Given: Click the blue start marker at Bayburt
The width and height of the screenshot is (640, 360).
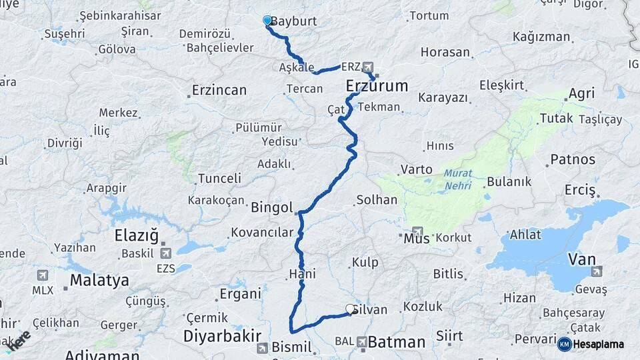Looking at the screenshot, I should click(267, 21).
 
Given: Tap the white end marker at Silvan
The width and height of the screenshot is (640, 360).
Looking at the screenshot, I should click(350, 309).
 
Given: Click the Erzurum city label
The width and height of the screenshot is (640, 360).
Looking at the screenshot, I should click(377, 86).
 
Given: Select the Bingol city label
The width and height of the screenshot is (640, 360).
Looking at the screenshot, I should click(272, 208).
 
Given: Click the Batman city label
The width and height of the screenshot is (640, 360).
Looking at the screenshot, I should click(396, 343).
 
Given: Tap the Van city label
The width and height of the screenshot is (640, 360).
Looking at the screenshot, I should click(581, 259).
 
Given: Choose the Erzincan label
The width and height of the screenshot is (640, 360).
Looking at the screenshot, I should click(219, 90).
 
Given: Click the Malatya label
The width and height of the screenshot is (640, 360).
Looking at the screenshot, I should click(99, 280).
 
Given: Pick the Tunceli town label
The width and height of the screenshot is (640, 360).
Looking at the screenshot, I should click(219, 179).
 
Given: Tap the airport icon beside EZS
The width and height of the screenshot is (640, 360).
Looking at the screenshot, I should click(165, 253).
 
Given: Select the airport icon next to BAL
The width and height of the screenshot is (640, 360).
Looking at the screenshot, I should click(361, 342).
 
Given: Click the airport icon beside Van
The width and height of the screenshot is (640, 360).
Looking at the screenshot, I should click(596, 271).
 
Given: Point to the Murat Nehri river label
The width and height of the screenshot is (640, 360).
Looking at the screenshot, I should click(457, 178).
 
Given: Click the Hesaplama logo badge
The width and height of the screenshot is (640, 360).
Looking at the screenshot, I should click(592, 344).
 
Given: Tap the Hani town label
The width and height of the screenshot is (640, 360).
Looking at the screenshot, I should click(302, 274).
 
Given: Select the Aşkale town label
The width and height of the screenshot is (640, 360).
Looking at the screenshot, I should click(297, 67).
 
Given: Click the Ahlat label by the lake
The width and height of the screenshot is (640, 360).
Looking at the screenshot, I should click(525, 235).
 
